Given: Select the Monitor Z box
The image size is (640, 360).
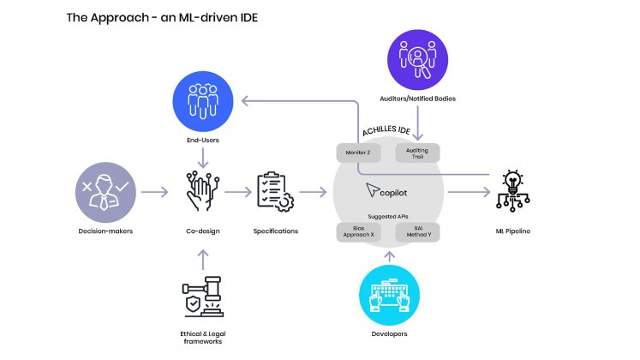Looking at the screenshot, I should [x=359, y=153].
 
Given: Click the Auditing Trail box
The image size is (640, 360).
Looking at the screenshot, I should [x=417, y=153].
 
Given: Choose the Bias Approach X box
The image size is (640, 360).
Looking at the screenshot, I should [x=359, y=231].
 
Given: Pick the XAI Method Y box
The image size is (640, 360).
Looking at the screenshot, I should [x=417, y=231].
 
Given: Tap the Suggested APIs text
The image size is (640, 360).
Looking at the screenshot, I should [x=388, y=217].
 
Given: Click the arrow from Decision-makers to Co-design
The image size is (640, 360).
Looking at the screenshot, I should [x=154, y=194].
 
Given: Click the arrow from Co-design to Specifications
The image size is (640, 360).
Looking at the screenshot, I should [x=238, y=194].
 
